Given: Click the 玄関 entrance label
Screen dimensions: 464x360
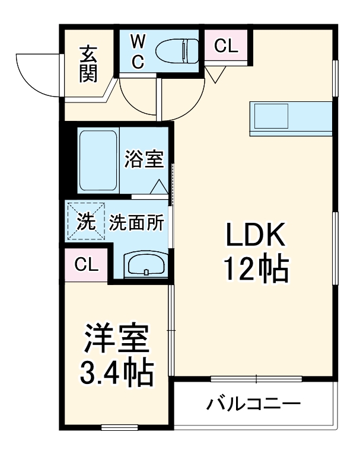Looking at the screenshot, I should click(x=88, y=63).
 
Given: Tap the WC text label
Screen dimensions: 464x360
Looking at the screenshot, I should click(x=137, y=52).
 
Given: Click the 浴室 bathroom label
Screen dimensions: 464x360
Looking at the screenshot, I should click(x=144, y=159).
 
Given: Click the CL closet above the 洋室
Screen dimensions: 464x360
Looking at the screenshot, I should click(x=86, y=265).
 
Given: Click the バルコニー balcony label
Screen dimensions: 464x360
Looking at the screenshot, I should click(x=253, y=405).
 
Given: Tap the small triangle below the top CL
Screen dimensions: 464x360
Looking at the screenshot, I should click(x=214, y=73).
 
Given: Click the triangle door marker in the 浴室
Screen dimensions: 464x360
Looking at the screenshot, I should click(x=159, y=187).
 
